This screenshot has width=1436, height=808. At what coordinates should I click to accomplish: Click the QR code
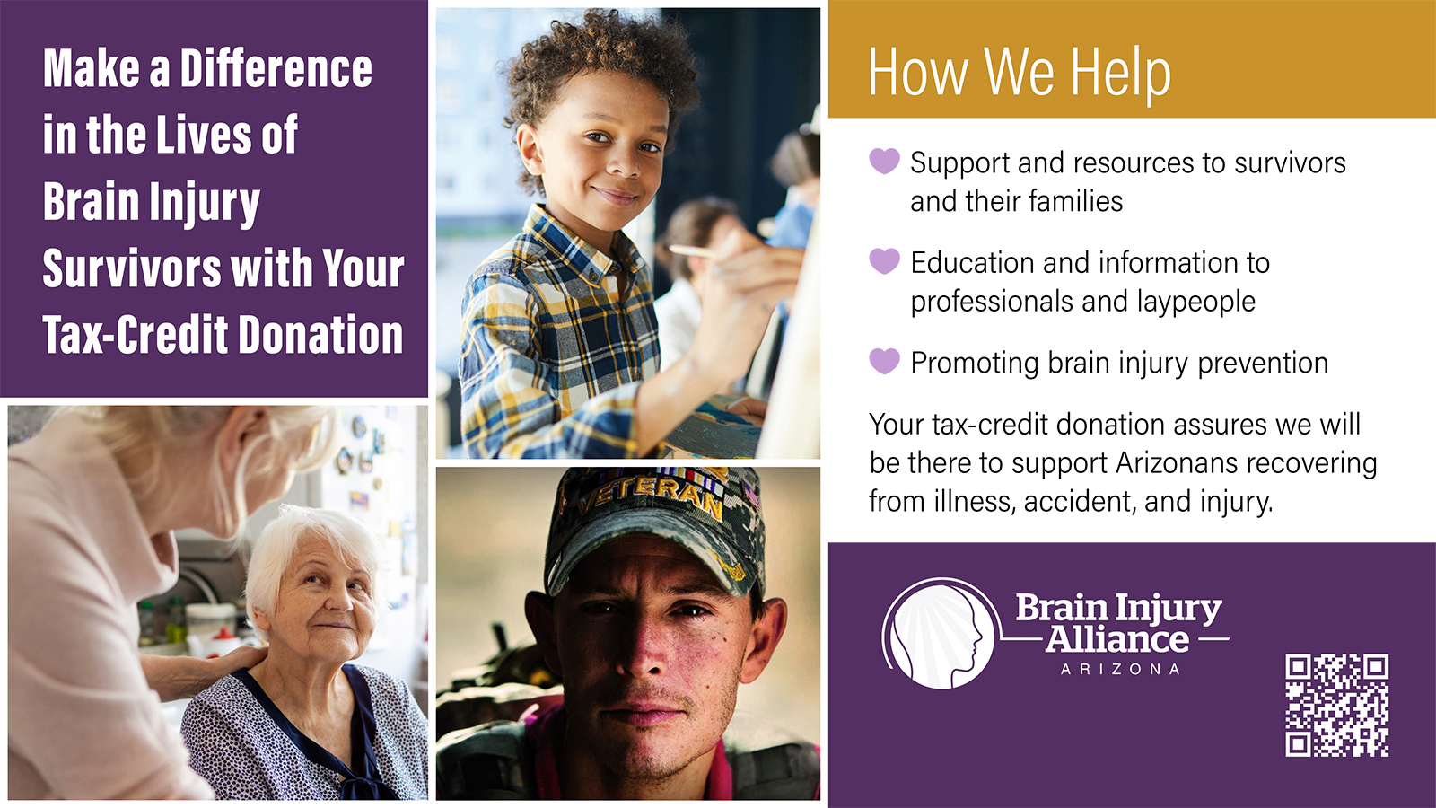click(1336, 706)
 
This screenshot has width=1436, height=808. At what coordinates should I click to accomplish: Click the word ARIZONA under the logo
click(1120, 670)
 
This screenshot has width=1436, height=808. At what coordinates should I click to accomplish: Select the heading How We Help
click(1020, 73)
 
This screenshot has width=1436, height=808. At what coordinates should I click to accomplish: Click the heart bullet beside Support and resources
click(884, 161)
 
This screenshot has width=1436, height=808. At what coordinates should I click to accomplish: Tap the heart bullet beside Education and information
click(884, 261)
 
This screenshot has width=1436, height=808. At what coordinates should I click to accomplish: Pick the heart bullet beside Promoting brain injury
click(884, 361)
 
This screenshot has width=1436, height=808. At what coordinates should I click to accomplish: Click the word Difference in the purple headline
click(276, 68)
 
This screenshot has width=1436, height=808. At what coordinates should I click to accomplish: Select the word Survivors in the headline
click(131, 268)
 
